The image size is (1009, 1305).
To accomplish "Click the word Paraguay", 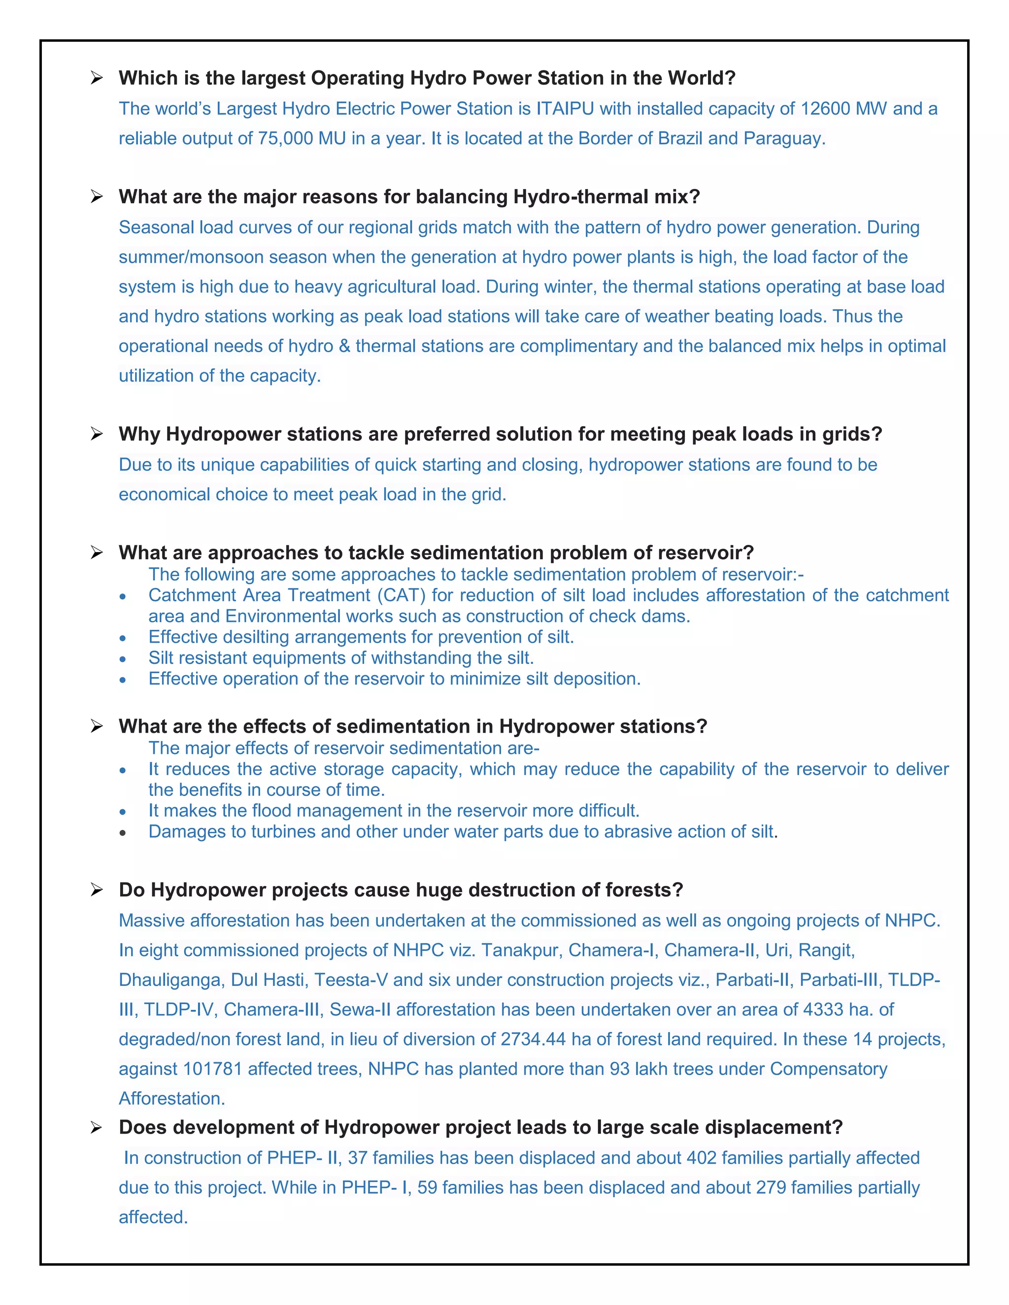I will point(784,139).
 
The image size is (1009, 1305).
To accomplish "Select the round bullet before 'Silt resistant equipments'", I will point(123,659).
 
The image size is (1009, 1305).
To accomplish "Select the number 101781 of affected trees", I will point(212,1069).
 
